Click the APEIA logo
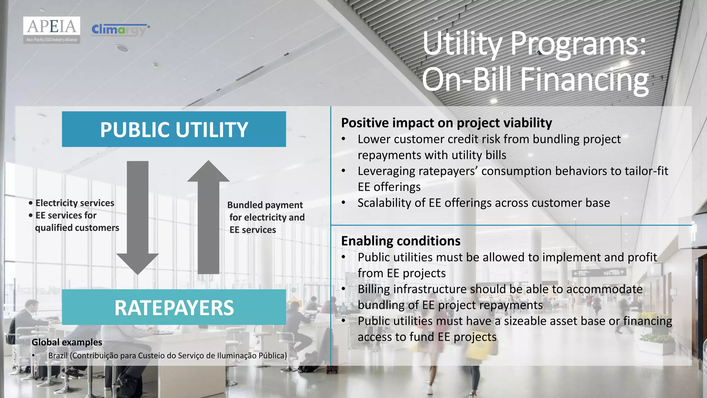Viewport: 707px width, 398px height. [x=52, y=30]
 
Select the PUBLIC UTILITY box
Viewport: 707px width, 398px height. [x=174, y=129]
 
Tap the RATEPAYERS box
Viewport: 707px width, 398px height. [x=174, y=307]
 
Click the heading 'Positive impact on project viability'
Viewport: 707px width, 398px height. [x=446, y=123]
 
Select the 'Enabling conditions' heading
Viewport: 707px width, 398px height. [x=400, y=241]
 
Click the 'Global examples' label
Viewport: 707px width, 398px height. [x=67, y=342]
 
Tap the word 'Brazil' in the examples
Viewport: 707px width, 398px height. [x=58, y=356]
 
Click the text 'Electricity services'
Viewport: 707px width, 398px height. [x=75, y=203]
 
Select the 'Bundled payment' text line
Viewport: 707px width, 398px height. [x=265, y=205]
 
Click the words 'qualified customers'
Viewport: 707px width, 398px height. [x=77, y=228]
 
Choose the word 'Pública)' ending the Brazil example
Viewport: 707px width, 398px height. [x=272, y=356]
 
